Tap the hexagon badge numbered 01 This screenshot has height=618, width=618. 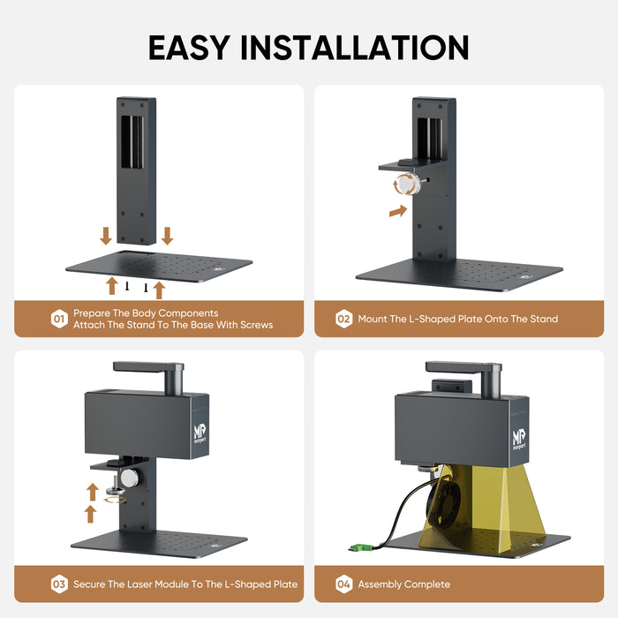[59, 319]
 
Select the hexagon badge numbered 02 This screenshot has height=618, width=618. [344, 319]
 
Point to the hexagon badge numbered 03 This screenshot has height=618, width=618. [59, 584]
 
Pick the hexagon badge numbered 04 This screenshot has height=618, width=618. [344, 584]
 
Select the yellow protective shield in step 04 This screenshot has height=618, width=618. [494, 508]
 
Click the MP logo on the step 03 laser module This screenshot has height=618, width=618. [199, 433]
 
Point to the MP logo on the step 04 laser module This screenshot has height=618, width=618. [518, 438]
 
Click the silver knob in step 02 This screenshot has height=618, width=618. [407, 185]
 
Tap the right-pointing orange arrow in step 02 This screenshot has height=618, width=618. [398, 211]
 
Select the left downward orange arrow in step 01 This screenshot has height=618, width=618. [106, 236]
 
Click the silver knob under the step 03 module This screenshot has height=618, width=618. [130, 478]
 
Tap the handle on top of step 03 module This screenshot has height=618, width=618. [148, 366]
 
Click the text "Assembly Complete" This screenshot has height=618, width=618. [403, 584]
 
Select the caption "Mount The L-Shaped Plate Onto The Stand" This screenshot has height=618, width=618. [457, 319]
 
